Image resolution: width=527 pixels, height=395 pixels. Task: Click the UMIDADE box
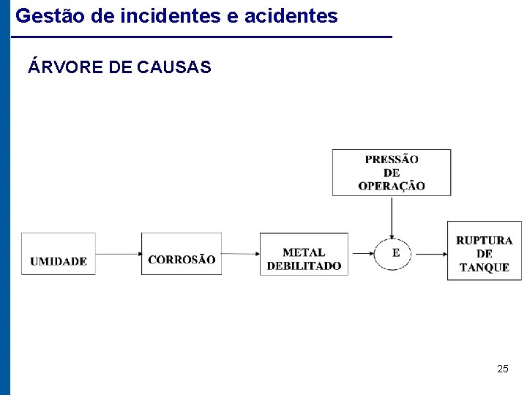[x=59, y=254]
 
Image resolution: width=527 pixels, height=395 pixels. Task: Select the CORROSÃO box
[x=182, y=254]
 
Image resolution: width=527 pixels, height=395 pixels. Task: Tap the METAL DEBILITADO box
[x=304, y=254]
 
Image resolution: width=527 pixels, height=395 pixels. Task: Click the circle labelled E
[x=395, y=253]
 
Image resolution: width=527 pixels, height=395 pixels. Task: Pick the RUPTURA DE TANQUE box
[x=484, y=251]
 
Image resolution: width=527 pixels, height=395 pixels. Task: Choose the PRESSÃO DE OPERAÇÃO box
[x=392, y=173]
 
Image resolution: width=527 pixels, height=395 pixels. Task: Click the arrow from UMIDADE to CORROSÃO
[x=119, y=254]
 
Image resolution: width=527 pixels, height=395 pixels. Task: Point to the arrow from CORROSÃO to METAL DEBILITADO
[x=241, y=254]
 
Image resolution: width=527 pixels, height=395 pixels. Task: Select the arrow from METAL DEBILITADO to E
[x=362, y=254]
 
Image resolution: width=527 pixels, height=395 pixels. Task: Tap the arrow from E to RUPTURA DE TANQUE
[x=431, y=254]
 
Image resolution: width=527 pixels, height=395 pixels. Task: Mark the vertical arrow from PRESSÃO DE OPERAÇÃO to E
[x=392, y=216]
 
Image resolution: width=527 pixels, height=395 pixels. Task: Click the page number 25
[x=502, y=369]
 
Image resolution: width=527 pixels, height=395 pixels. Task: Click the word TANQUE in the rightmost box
[x=484, y=268]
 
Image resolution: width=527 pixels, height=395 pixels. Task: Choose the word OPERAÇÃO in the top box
[x=392, y=187]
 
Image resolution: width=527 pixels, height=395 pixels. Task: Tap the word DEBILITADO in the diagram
[x=304, y=266]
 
